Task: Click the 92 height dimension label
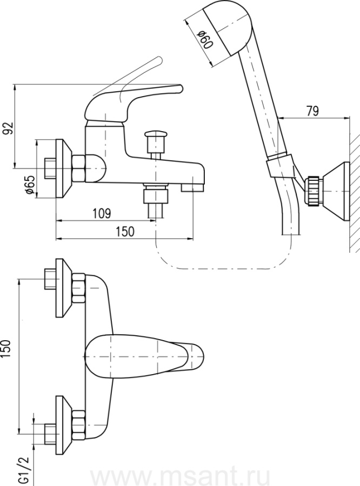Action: (8, 128)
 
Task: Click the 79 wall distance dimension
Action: (312, 112)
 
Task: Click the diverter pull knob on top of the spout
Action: (156, 135)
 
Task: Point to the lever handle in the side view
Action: (135, 94)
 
